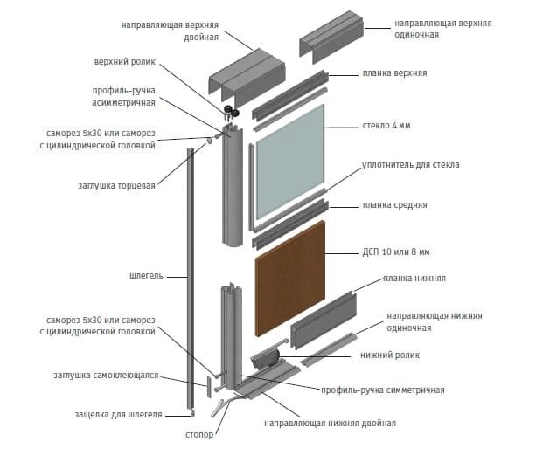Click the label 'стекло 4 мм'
pos(386,126)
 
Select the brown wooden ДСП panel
pos(289,276)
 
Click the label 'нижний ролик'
pos(390,355)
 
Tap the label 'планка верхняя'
pos(393,73)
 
